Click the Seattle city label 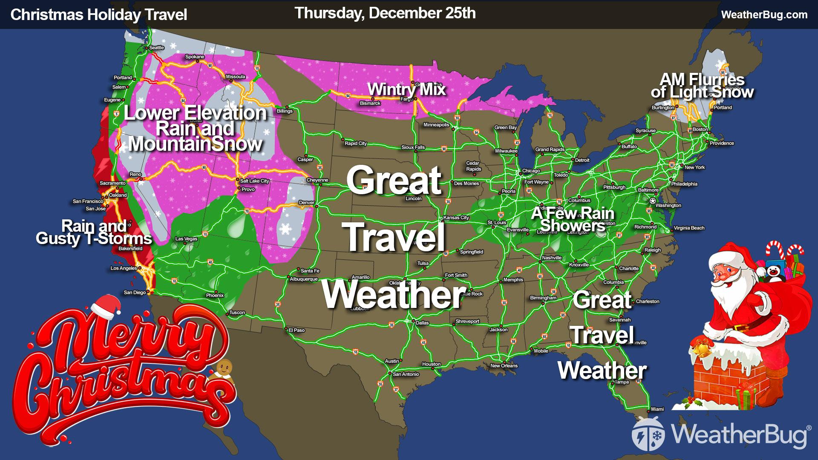coord(156,48)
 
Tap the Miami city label coord(657,409)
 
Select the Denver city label coord(307,202)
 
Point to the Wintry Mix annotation coord(406,89)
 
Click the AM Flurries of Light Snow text coord(702,86)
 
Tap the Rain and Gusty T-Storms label coord(94,232)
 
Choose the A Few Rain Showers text coord(573,219)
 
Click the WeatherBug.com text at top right coord(764,14)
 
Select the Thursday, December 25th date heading coord(385,13)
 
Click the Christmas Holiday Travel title coord(98,14)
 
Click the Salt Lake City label coord(255,181)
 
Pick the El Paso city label coord(297,330)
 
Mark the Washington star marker coord(652,200)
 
